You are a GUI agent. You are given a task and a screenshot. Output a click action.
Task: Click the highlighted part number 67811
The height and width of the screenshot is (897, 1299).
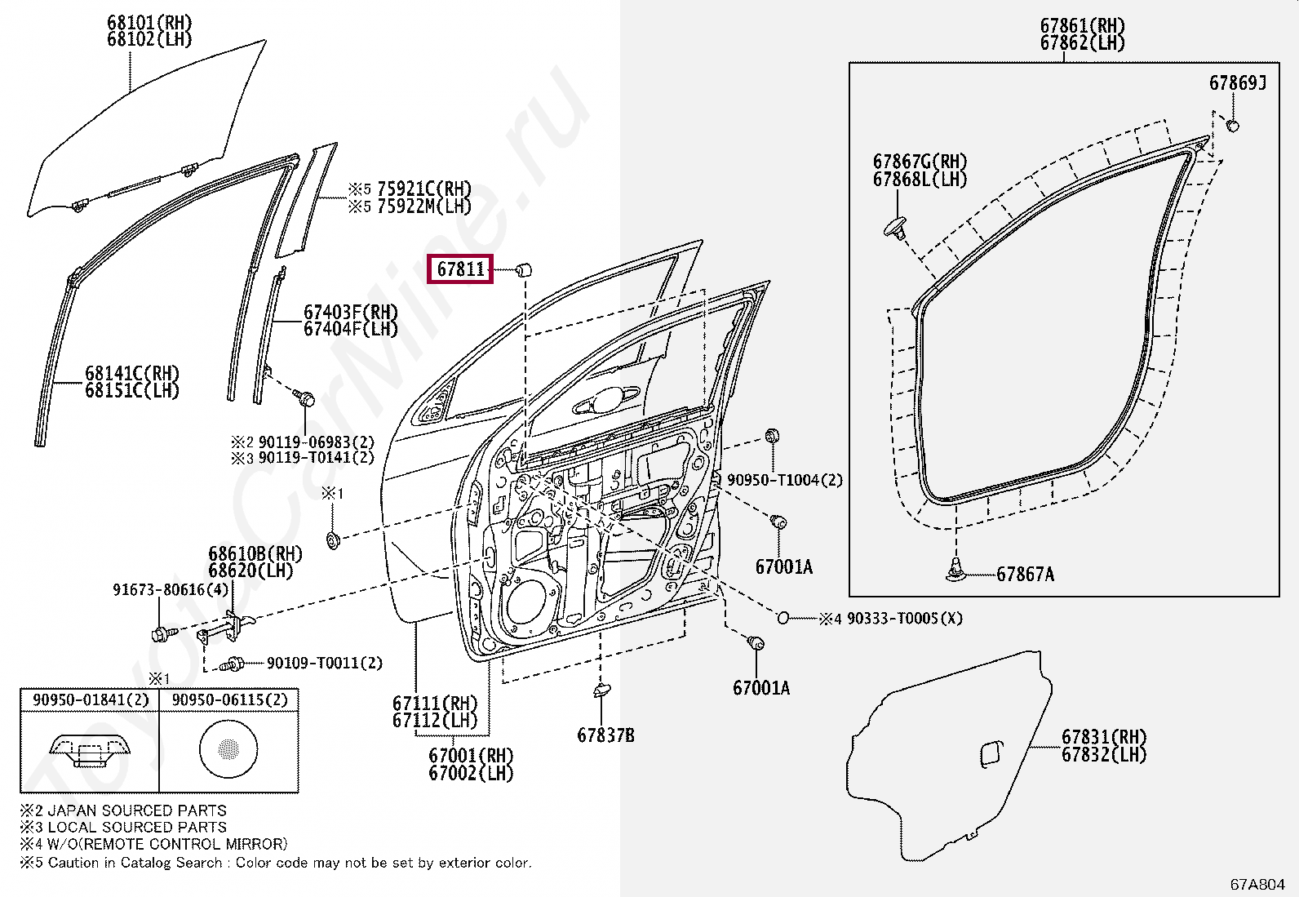coord(461,269)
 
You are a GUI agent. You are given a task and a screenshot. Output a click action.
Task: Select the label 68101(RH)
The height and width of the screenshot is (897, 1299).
coord(149,22)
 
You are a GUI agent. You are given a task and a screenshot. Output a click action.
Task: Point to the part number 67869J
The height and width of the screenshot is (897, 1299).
coord(1237,83)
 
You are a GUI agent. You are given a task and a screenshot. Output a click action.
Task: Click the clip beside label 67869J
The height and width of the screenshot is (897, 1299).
coord(1233,125)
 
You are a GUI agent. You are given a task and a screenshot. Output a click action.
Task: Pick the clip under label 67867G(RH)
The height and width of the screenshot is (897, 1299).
coord(896,228)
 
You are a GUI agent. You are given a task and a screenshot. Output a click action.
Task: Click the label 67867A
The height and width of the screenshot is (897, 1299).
coord(1025,575)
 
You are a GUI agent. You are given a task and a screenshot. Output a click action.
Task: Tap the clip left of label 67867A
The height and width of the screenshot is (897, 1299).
coord(955,571)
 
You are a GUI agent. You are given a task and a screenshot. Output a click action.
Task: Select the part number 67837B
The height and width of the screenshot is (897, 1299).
coord(605,735)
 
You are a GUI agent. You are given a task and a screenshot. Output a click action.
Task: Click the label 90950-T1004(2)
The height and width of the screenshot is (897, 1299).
coord(784,480)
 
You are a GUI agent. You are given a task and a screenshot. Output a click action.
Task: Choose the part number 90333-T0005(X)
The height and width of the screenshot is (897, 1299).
coord(904,619)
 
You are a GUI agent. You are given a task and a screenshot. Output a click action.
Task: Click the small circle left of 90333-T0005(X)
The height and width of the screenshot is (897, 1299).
coord(783,618)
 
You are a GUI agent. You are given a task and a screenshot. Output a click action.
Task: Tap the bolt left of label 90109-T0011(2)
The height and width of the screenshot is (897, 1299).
coord(234,664)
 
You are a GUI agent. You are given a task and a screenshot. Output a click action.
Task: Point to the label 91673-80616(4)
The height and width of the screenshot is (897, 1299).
coord(171,589)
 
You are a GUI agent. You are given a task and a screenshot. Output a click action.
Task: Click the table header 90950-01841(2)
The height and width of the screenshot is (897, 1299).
coord(91,699)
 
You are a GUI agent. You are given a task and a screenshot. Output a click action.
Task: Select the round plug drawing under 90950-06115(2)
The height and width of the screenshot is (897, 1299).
coord(228,748)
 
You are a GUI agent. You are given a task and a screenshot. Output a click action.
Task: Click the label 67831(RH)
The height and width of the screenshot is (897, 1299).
coord(1103,737)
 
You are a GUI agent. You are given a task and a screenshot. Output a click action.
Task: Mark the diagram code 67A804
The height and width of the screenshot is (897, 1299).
coord(1257,884)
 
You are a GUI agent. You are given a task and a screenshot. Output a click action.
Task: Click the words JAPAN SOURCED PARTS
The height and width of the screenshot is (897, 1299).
coord(137,810)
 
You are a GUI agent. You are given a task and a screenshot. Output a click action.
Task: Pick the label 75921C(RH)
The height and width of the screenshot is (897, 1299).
coord(423,189)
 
